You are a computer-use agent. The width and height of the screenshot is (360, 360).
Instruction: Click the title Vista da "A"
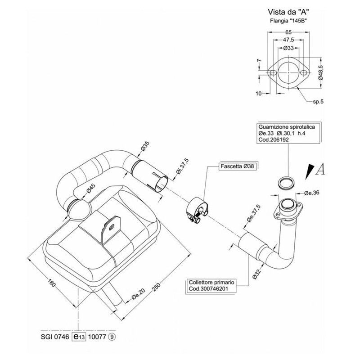288,13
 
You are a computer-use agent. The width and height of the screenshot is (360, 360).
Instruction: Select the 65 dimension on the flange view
288,31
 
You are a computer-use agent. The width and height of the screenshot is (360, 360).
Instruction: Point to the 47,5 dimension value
288,40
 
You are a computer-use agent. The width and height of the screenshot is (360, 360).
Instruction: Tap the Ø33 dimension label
288,47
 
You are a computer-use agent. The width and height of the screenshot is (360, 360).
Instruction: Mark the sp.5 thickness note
318,102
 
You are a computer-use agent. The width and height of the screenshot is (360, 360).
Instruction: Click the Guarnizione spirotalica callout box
287,133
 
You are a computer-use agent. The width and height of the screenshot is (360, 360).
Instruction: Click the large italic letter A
320,169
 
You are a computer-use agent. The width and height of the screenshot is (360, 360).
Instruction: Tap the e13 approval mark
79,336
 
